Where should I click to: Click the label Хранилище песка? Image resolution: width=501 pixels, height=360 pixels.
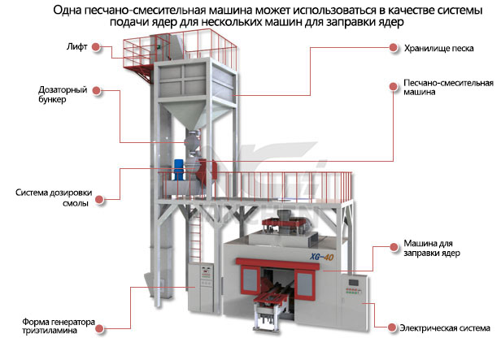click(x=438, y=48)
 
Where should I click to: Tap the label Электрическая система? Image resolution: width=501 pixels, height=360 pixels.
click(x=444, y=328)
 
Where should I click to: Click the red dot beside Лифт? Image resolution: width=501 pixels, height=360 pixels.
click(x=97, y=48)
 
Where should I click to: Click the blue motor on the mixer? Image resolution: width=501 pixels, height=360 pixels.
click(x=179, y=166)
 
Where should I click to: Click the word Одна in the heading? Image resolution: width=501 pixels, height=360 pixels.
click(x=70, y=11)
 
